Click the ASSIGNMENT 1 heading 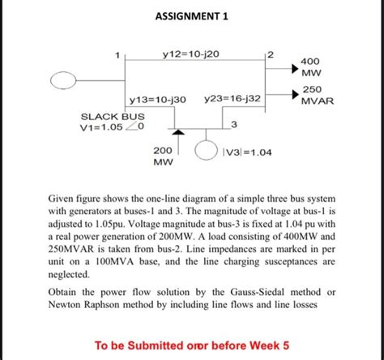(x=192, y=15)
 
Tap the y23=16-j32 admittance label (x=233, y=99)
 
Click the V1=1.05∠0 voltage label (x=112, y=126)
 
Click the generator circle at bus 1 (x=65, y=79)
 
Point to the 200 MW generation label (x=162, y=156)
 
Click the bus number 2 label (x=271, y=54)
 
